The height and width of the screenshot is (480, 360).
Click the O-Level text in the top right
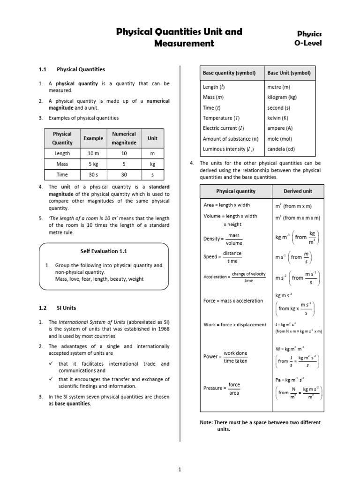[308, 44]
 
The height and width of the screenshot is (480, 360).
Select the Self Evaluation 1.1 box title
[104, 251]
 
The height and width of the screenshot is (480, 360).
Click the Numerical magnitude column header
[124, 138]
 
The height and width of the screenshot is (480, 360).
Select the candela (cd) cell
[281, 149]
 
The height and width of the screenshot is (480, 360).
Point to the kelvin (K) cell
[277, 118]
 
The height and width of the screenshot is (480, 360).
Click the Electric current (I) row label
[223, 128]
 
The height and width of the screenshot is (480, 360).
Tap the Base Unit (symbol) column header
[289, 73]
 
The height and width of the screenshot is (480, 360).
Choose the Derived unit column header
[297, 191]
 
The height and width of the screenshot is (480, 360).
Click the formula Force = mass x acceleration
[233, 300]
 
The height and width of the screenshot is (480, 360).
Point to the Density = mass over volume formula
[223, 239]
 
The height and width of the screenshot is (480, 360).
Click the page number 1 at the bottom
[180, 469]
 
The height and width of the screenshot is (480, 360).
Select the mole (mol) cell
[280, 139]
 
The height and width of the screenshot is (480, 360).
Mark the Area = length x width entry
[226, 205]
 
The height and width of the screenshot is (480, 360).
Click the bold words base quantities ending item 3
[72, 404]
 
